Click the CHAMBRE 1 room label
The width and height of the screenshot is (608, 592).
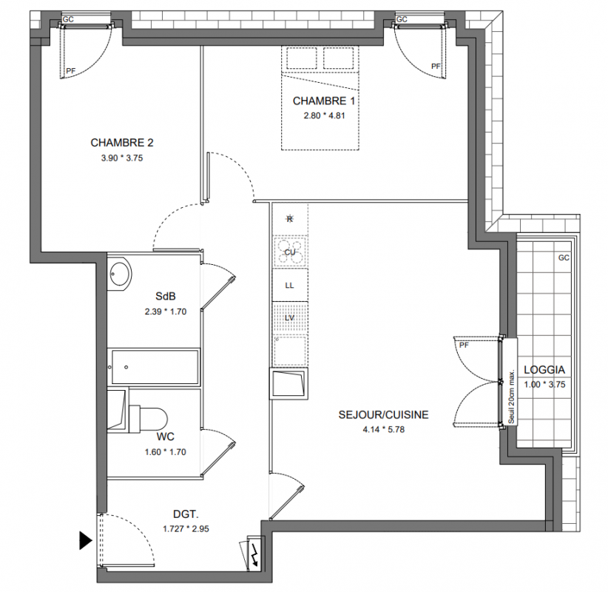tap(324, 101)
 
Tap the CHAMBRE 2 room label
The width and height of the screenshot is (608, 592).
tap(122, 143)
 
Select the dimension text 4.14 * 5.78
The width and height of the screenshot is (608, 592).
tap(383, 429)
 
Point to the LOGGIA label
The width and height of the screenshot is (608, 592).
tap(544, 370)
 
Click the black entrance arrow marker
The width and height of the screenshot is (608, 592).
tap(86, 540)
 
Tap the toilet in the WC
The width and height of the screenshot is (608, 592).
tap(148, 420)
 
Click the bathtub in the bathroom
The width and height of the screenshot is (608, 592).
tap(155, 366)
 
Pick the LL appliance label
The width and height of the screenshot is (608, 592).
tap(290, 286)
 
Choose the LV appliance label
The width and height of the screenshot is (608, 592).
tap(290, 317)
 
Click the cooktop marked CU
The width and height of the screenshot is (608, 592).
tap(290, 252)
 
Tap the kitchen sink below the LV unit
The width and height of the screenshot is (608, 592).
tap(290, 383)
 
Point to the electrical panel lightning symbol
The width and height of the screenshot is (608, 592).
tap(254, 556)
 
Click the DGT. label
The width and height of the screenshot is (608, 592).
tap(186, 514)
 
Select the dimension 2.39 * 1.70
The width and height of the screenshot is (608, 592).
tap(166, 312)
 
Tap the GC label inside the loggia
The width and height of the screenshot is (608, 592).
tap(564, 258)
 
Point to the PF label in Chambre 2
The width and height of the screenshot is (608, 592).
tap(70, 71)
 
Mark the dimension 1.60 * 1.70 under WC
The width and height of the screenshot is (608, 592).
tap(165, 452)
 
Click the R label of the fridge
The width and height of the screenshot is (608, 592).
tap(290, 219)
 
